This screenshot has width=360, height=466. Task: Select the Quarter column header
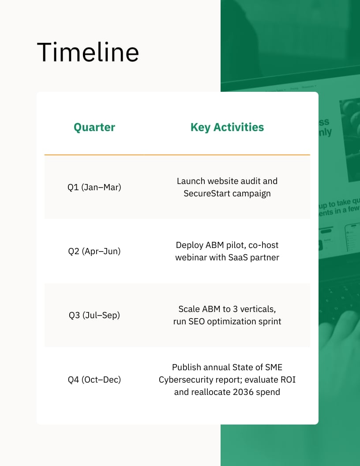pyautogui.click(x=94, y=128)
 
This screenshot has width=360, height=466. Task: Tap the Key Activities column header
pyautogui.click(x=227, y=128)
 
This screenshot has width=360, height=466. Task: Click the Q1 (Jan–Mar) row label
pyautogui.click(x=94, y=187)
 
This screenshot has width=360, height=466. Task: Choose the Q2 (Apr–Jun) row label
pyautogui.click(x=94, y=251)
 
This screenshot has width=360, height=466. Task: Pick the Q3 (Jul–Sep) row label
pyautogui.click(x=94, y=315)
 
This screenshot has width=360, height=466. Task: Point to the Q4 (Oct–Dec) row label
pyautogui.click(x=94, y=380)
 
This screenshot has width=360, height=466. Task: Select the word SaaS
pyautogui.click(x=239, y=257)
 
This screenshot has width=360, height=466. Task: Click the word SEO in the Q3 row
pyautogui.click(x=197, y=321)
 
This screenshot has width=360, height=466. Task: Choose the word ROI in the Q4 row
pyautogui.click(x=287, y=380)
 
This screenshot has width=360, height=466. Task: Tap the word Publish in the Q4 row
pyautogui.click(x=185, y=367)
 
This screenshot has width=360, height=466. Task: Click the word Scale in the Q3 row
pyautogui.click(x=189, y=309)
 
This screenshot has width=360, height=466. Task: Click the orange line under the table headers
pyautogui.click(x=177, y=155)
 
